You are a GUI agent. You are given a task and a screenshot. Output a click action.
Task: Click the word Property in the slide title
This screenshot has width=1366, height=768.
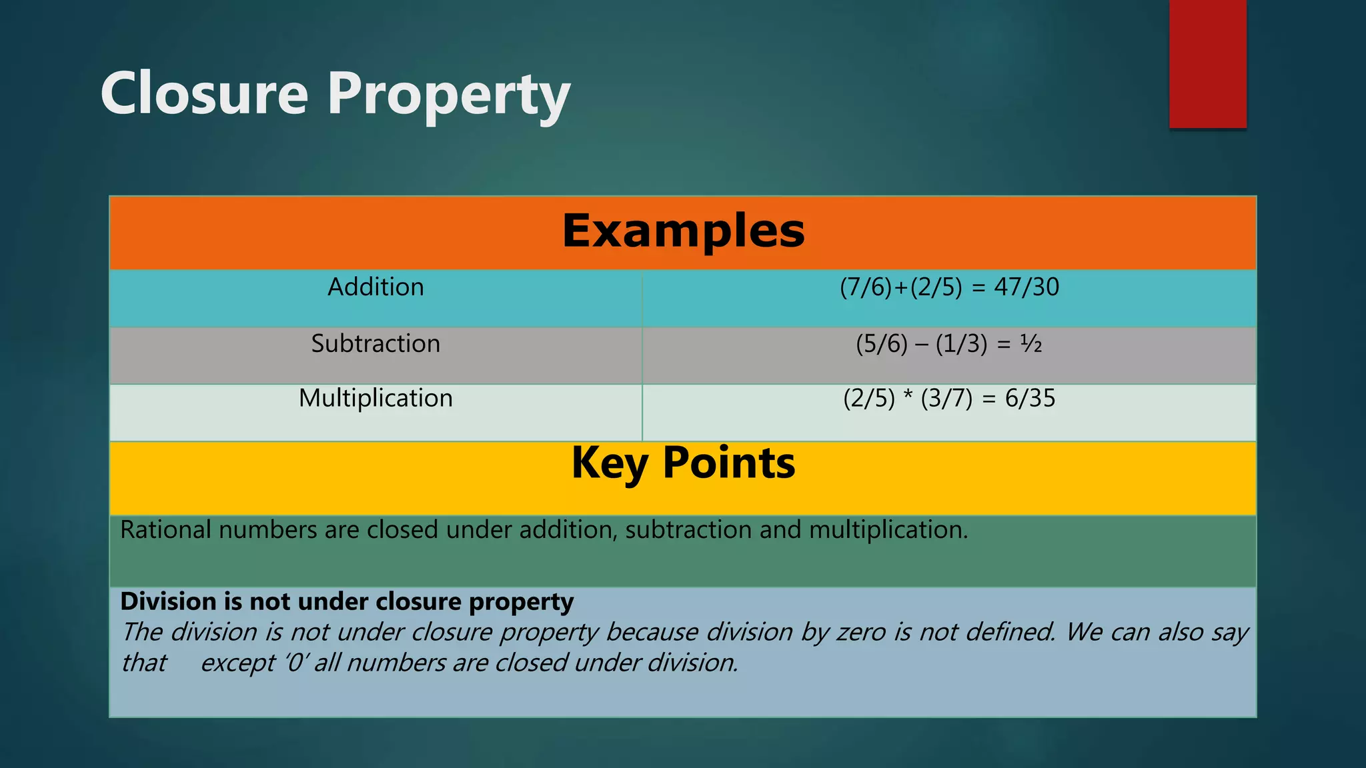448,97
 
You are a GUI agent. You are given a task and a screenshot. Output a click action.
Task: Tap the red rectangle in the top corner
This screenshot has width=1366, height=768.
1207,63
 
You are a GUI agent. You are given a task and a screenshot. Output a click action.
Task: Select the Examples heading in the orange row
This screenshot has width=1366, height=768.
683,231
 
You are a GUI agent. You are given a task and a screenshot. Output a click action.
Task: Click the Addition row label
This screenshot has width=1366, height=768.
376,287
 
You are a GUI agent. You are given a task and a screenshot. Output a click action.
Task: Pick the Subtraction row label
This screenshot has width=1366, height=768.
376,344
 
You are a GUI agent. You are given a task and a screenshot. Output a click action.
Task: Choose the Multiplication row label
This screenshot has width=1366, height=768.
376,399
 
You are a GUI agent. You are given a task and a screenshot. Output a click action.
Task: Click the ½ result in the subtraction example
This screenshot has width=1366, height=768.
1031,344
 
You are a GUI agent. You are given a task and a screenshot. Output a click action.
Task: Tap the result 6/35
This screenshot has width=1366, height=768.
1030,399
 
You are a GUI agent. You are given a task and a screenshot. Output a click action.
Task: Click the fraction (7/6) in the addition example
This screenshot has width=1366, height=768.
866,287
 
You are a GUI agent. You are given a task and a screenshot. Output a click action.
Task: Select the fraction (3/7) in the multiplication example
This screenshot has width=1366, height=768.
946,399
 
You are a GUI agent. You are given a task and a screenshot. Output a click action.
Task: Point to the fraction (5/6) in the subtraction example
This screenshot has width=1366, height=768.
882,344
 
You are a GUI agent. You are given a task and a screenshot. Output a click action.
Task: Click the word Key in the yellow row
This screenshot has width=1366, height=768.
609,464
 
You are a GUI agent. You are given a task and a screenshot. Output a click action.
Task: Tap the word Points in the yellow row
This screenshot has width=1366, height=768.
728,463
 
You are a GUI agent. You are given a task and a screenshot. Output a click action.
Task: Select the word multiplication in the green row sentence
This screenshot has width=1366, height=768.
888,530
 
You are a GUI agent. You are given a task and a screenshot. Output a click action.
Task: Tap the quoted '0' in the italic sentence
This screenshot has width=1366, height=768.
295,663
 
